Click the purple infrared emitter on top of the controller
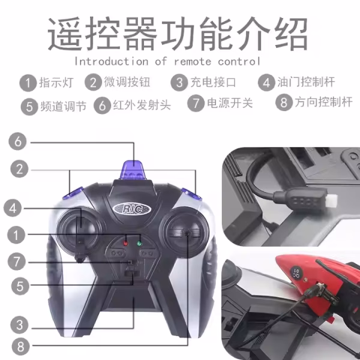133,170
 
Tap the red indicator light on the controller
125,243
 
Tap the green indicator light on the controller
139,243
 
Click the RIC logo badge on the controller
132,209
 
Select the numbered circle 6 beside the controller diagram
17,142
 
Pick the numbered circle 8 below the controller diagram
20,346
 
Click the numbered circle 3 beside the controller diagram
20,325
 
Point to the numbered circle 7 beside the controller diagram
17,262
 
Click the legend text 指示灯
56,82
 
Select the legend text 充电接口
213,82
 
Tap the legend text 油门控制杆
306,82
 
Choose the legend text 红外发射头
142,105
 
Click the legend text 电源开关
230,103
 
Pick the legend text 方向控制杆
323,102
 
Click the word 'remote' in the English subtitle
193,62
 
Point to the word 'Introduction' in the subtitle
112,61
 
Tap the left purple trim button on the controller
73,193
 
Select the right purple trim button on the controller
191,194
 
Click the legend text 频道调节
64,106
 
